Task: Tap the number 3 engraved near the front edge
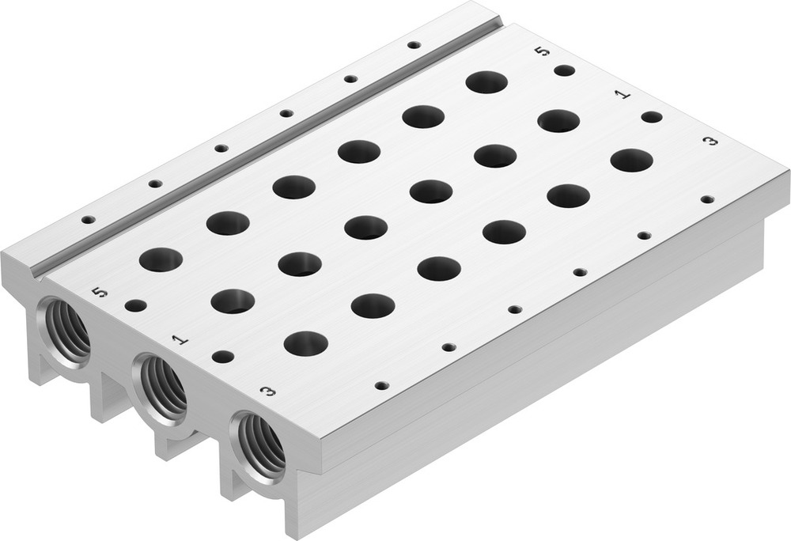[268, 391]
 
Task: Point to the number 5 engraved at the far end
[542, 51]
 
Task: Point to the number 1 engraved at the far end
[623, 95]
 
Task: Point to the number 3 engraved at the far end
[710, 141]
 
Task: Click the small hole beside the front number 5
[135, 305]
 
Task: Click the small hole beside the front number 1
[223, 357]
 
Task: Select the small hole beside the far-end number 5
[564, 70]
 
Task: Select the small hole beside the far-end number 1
[652, 117]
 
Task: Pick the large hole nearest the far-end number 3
[631, 161]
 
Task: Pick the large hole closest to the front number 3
[305, 343]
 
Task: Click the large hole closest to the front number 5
[161, 259]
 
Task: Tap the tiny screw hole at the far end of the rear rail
[414, 44]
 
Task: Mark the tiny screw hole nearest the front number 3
[382, 386]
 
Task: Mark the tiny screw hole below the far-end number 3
[706, 199]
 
